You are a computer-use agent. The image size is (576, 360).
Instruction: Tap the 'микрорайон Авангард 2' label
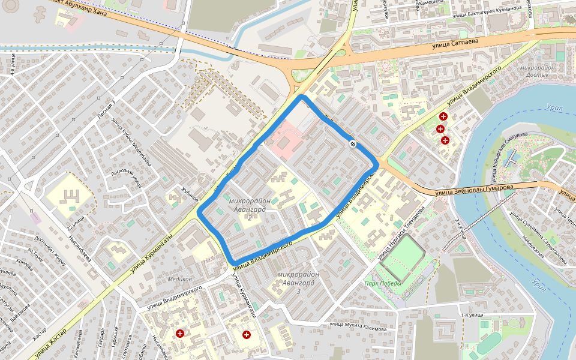(x=250, y=208)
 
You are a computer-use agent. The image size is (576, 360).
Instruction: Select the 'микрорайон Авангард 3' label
(x=298, y=282)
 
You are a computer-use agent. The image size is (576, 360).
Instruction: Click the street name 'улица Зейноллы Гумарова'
(x=475, y=190)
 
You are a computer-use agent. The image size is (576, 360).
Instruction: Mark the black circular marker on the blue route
(x=353, y=143)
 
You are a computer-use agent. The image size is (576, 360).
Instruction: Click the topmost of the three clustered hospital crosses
(x=443, y=116)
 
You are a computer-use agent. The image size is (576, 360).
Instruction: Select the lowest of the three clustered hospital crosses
(x=445, y=140)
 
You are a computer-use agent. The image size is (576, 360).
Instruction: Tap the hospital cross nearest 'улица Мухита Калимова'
(x=246, y=334)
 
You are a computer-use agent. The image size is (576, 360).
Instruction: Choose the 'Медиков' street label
(x=180, y=279)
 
